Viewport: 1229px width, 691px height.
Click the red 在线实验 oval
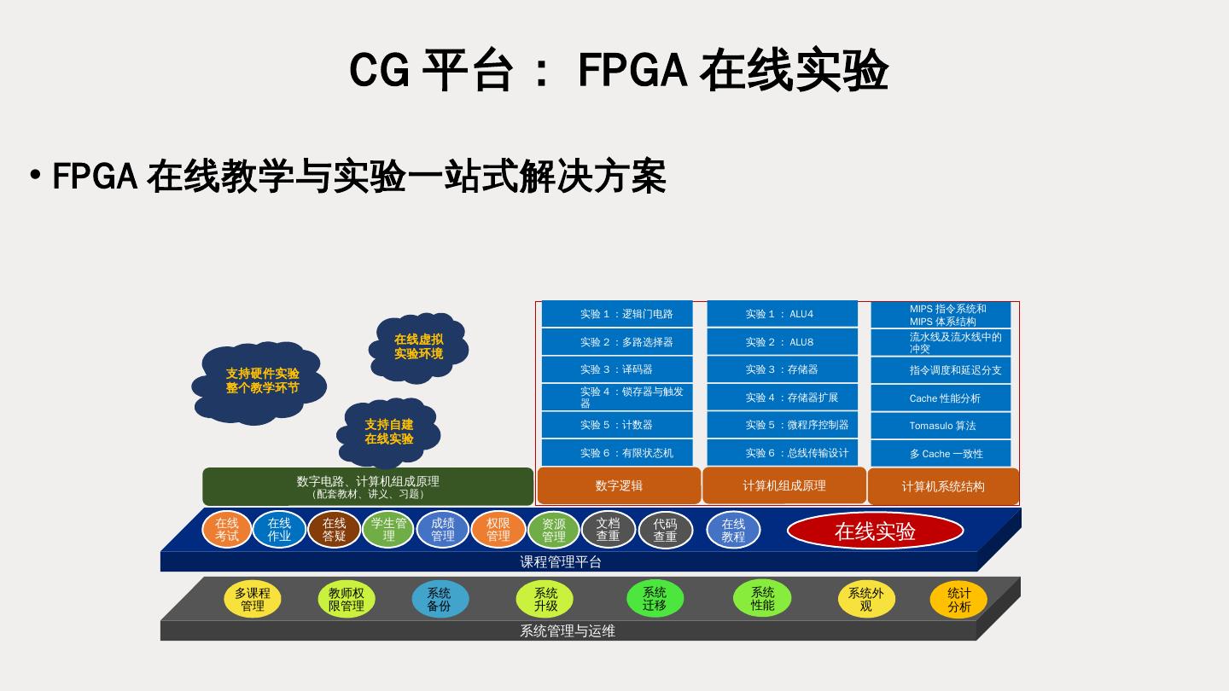click(x=875, y=531)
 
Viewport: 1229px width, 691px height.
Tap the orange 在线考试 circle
click(x=227, y=530)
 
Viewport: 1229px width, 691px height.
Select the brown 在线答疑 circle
click(x=334, y=530)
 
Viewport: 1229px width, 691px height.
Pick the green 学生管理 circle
click(x=388, y=530)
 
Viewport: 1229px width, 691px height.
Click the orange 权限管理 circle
click(x=498, y=530)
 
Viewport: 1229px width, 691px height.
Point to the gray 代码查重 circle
click(x=665, y=530)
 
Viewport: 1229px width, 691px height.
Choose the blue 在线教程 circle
click(x=733, y=530)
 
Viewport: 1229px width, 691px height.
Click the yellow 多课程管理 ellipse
click(x=253, y=599)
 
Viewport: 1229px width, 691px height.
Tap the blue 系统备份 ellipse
click(x=440, y=599)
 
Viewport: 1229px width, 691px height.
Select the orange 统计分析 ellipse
click(x=958, y=599)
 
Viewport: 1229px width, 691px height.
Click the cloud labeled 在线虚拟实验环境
click(x=418, y=346)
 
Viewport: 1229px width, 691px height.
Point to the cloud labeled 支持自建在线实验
click(x=389, y=432)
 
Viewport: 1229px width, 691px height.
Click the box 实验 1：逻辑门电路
click(x=617, y=314)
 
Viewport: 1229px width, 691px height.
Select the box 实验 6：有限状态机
click(x=617, y=453)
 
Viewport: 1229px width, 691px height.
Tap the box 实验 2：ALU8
click(x=782, y=342)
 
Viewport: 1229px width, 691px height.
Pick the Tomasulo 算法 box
click(x=941, y=426)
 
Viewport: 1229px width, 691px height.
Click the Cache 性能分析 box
click(x=941, y=398)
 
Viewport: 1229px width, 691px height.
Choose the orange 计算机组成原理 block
click(x=783, y=485)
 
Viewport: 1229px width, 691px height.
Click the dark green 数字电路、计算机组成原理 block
click(x=368, y=486)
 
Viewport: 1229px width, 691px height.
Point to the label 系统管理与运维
click(x=568, y=631)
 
